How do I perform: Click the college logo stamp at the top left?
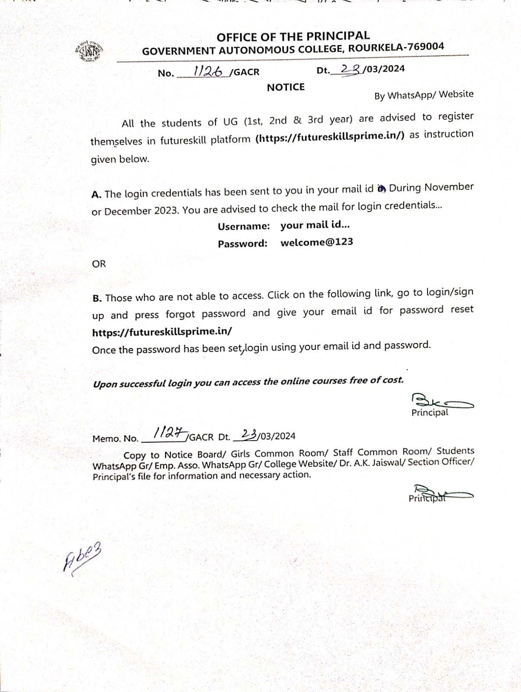point(89,52)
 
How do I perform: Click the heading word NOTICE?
point(286,87)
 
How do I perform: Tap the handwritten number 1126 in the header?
point(207,71)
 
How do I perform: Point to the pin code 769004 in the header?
point(424,47)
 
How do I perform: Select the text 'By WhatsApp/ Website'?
point(424,95)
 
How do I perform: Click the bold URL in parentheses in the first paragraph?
point(330,137)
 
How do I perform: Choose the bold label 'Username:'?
point(244,226)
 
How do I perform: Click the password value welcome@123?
point(317,242)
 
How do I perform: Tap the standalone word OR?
point(99,264)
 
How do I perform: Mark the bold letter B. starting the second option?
point(97,298)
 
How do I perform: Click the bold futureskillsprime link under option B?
point(162,332)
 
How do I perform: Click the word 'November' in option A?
point(449,187)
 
